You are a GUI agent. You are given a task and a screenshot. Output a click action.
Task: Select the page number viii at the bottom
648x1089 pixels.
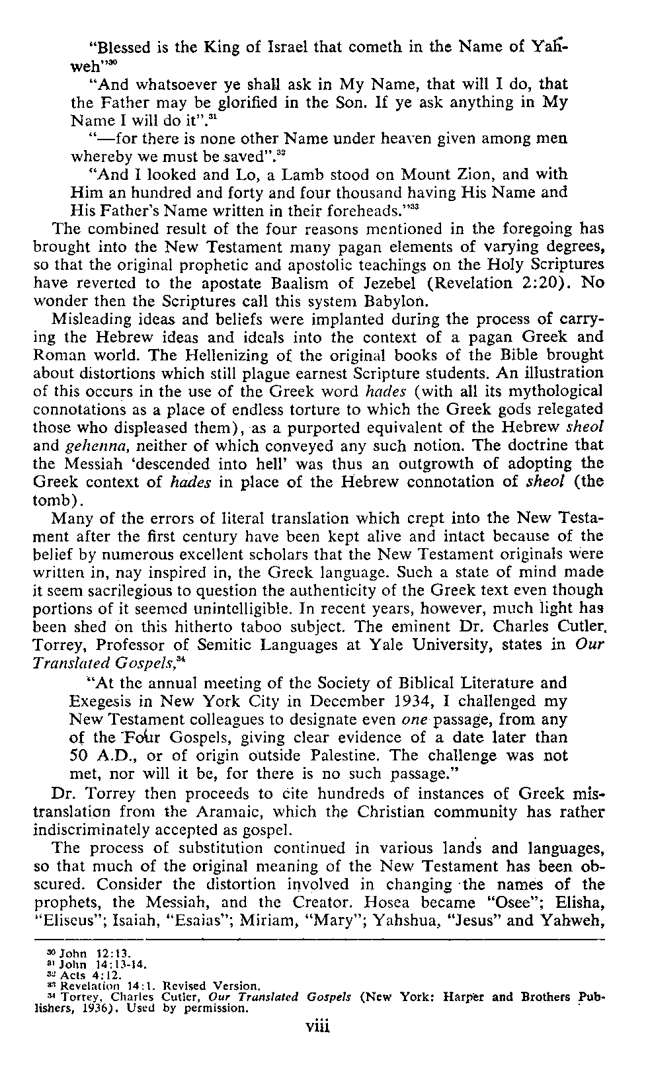[x=317, y=1027]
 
